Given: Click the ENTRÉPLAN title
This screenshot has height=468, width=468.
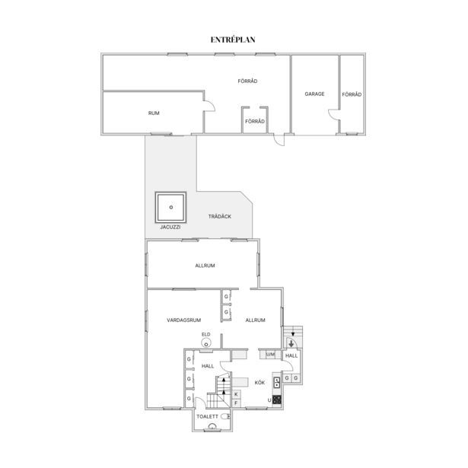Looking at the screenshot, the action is (233, 40).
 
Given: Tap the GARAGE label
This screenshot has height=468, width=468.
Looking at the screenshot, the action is (314, 94).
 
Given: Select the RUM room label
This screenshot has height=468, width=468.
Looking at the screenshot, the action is (154, 113).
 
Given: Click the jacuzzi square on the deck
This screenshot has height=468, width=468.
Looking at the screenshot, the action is (170, 208).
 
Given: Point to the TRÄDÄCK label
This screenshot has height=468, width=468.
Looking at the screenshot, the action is (220, 216).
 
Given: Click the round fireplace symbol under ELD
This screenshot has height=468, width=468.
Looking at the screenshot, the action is (206, 343).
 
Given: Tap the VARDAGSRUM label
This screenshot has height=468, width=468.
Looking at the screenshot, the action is (184, 320).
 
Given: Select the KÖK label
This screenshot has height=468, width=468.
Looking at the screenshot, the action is (259, 383).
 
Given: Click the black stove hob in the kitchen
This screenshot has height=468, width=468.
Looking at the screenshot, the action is (277, 400).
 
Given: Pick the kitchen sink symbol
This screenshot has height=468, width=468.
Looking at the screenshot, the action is (277, 382).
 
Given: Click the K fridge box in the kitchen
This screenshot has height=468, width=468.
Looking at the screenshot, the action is (236, 394).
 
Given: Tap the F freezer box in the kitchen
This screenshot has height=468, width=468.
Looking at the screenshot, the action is (236, 403).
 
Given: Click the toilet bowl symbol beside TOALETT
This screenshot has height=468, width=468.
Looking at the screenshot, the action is (226, 416).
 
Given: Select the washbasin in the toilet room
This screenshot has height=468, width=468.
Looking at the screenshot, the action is (212, 427).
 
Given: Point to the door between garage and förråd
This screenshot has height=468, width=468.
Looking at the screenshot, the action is (334, 115).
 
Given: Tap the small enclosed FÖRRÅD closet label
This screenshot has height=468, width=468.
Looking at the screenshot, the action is (255, 122).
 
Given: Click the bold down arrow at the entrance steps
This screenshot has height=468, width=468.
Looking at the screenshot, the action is (291, 344).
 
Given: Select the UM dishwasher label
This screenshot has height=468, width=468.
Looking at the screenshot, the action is (270, 355).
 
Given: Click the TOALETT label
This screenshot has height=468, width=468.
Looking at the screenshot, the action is (208, 416).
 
